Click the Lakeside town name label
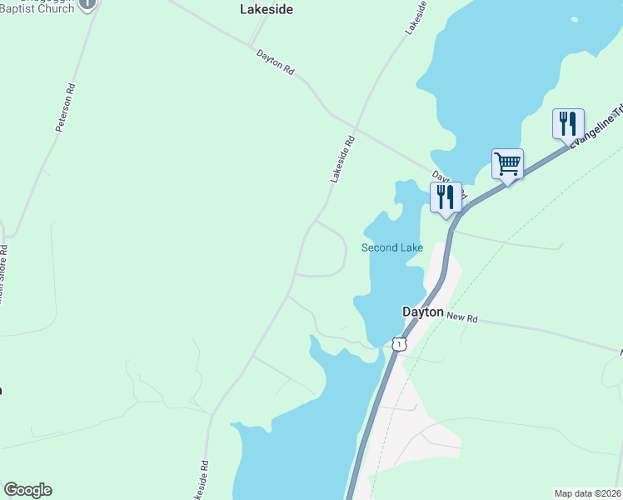[266, 10]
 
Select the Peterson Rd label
[66, 107]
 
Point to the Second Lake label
[391, 247]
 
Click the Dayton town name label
[422, 311]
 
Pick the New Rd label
[461, 317]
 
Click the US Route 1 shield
[400, 343]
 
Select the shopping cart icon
[507, 163]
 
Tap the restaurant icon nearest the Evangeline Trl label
[568, 123]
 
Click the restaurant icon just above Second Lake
[446, 197]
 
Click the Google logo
[27, 490]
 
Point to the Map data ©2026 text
[586, 493]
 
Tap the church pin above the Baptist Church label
[87, 3]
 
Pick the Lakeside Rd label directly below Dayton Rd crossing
[342, 158]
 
